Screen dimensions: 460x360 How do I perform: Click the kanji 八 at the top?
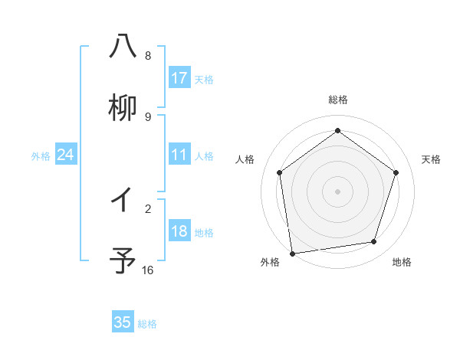click(x=123, y=46)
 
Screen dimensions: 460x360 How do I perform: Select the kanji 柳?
click(x=123, y=107)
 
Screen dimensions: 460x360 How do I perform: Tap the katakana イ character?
click(x=123, y=201)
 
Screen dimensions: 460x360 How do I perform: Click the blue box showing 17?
click(x=179, y=78)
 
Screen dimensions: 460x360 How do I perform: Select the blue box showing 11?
click(x=179, y=155)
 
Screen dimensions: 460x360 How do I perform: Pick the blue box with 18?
click(x=179, y=231)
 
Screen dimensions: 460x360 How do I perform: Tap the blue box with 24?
click(x=66, y=155)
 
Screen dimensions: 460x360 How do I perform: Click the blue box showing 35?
click(x=123, y=322)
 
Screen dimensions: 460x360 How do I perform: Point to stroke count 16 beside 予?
click(x=148, y=270)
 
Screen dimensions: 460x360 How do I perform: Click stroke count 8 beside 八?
click(x=148, y=55)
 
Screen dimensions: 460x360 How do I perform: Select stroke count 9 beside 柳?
click(x=148, y=116)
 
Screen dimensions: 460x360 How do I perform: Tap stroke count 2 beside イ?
click(x=148, y=208)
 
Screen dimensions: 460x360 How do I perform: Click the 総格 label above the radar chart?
click(x=337, y=100)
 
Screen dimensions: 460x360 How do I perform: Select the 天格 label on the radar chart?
click(x=431, y=159)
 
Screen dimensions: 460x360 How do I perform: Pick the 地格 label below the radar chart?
click(x=402, y=262)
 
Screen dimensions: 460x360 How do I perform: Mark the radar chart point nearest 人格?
click(x=280, y=172)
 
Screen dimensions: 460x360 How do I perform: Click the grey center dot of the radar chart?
click(x=337, y=191)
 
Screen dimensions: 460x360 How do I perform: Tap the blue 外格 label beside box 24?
click(x=41, y=155)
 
